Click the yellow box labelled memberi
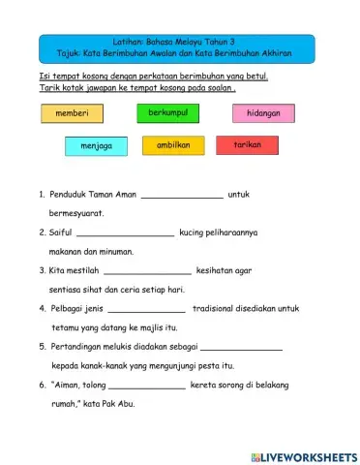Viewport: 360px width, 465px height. tap(73, 113)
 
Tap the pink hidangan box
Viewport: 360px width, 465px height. tap(263, 113)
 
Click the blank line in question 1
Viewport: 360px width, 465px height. tap(182, 196)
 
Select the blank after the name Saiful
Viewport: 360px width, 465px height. tap(125, 233)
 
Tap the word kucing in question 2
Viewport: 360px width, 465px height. tap(193, 232)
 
